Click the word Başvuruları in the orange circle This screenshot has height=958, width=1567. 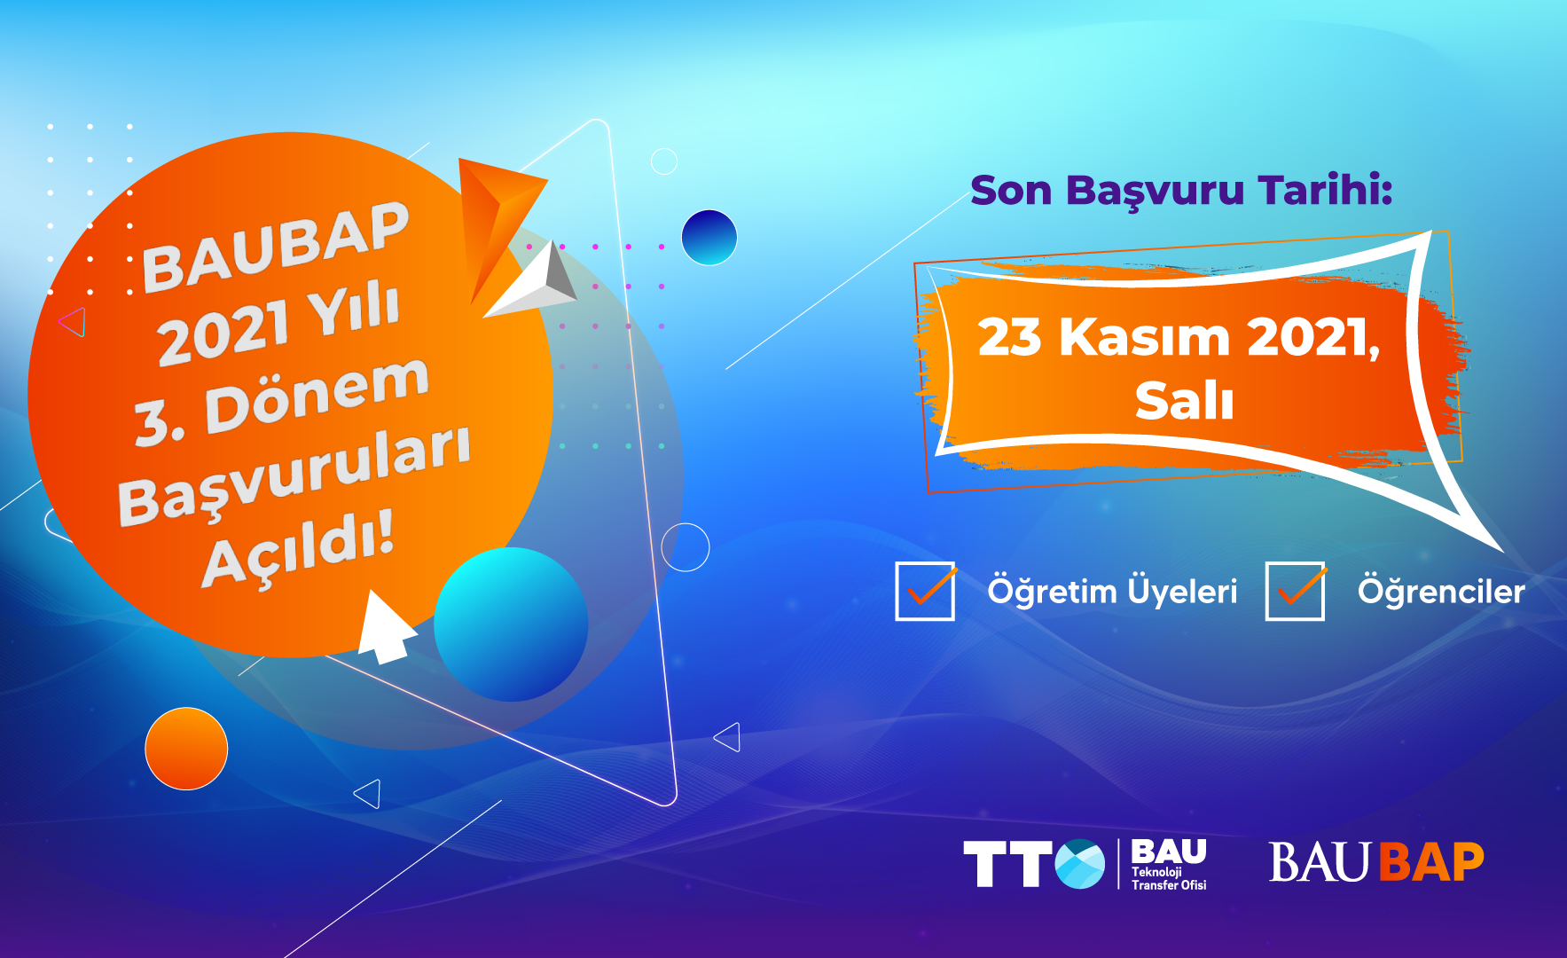(294, 475)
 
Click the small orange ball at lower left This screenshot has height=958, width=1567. (186, 749)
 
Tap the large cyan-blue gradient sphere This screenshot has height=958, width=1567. (511, 624)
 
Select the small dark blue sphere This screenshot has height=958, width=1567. (709, 238)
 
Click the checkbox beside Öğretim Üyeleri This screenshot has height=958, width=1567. (925, 591)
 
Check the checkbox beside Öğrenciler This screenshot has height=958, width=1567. (1295, 591)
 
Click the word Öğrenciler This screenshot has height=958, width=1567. (1441, 591)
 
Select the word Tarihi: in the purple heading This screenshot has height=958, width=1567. (1325, 191)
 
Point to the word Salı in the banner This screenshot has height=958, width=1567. (1184, 400)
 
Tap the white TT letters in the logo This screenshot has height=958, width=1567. (1007, 864)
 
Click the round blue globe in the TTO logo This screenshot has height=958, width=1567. (1080, 864)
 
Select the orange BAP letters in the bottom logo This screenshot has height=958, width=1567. (1431, 862)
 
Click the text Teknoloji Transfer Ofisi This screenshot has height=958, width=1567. (1168, 878)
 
